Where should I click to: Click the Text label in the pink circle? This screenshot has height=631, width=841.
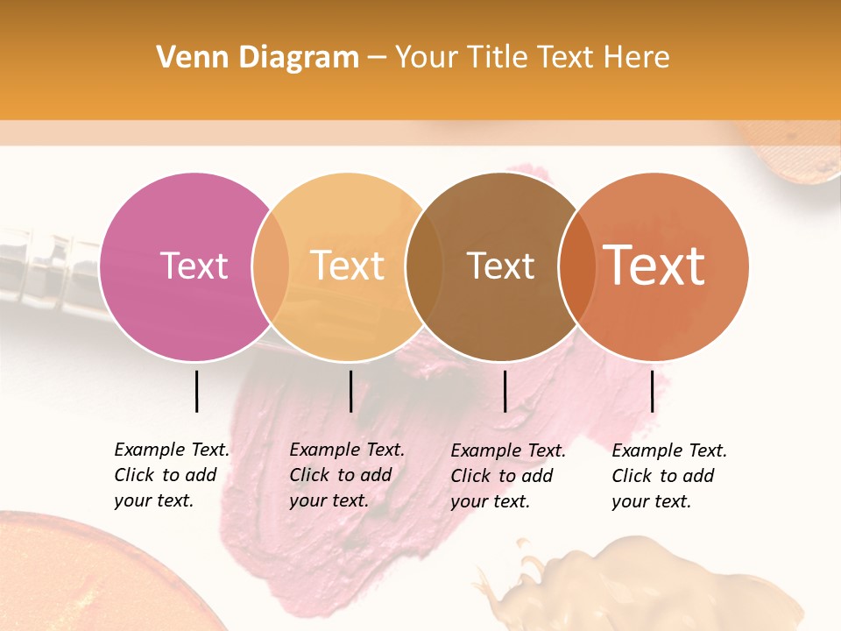click(x=194, y=266)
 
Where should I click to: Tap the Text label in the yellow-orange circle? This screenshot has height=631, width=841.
click(x=347, y=266)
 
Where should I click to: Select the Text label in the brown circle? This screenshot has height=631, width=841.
click(x=500, y=266)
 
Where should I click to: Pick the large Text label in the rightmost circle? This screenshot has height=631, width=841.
click(x=654, y=266)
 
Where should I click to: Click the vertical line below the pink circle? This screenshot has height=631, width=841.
click(x=196, y=391)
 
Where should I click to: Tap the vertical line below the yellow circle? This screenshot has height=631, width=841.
click(x=350, y=391)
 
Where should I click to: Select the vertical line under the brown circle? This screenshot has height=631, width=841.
click(x=505, y=391)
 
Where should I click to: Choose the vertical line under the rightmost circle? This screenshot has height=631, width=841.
click(x=652, y=391)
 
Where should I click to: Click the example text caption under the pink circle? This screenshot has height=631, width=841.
click(x=171, y=475)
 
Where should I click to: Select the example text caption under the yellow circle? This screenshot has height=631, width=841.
click(x=346, y=475)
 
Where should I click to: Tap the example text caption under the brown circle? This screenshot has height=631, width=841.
click(x=507, y=476)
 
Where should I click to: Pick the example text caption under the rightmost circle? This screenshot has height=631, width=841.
click(x=668, y=476)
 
